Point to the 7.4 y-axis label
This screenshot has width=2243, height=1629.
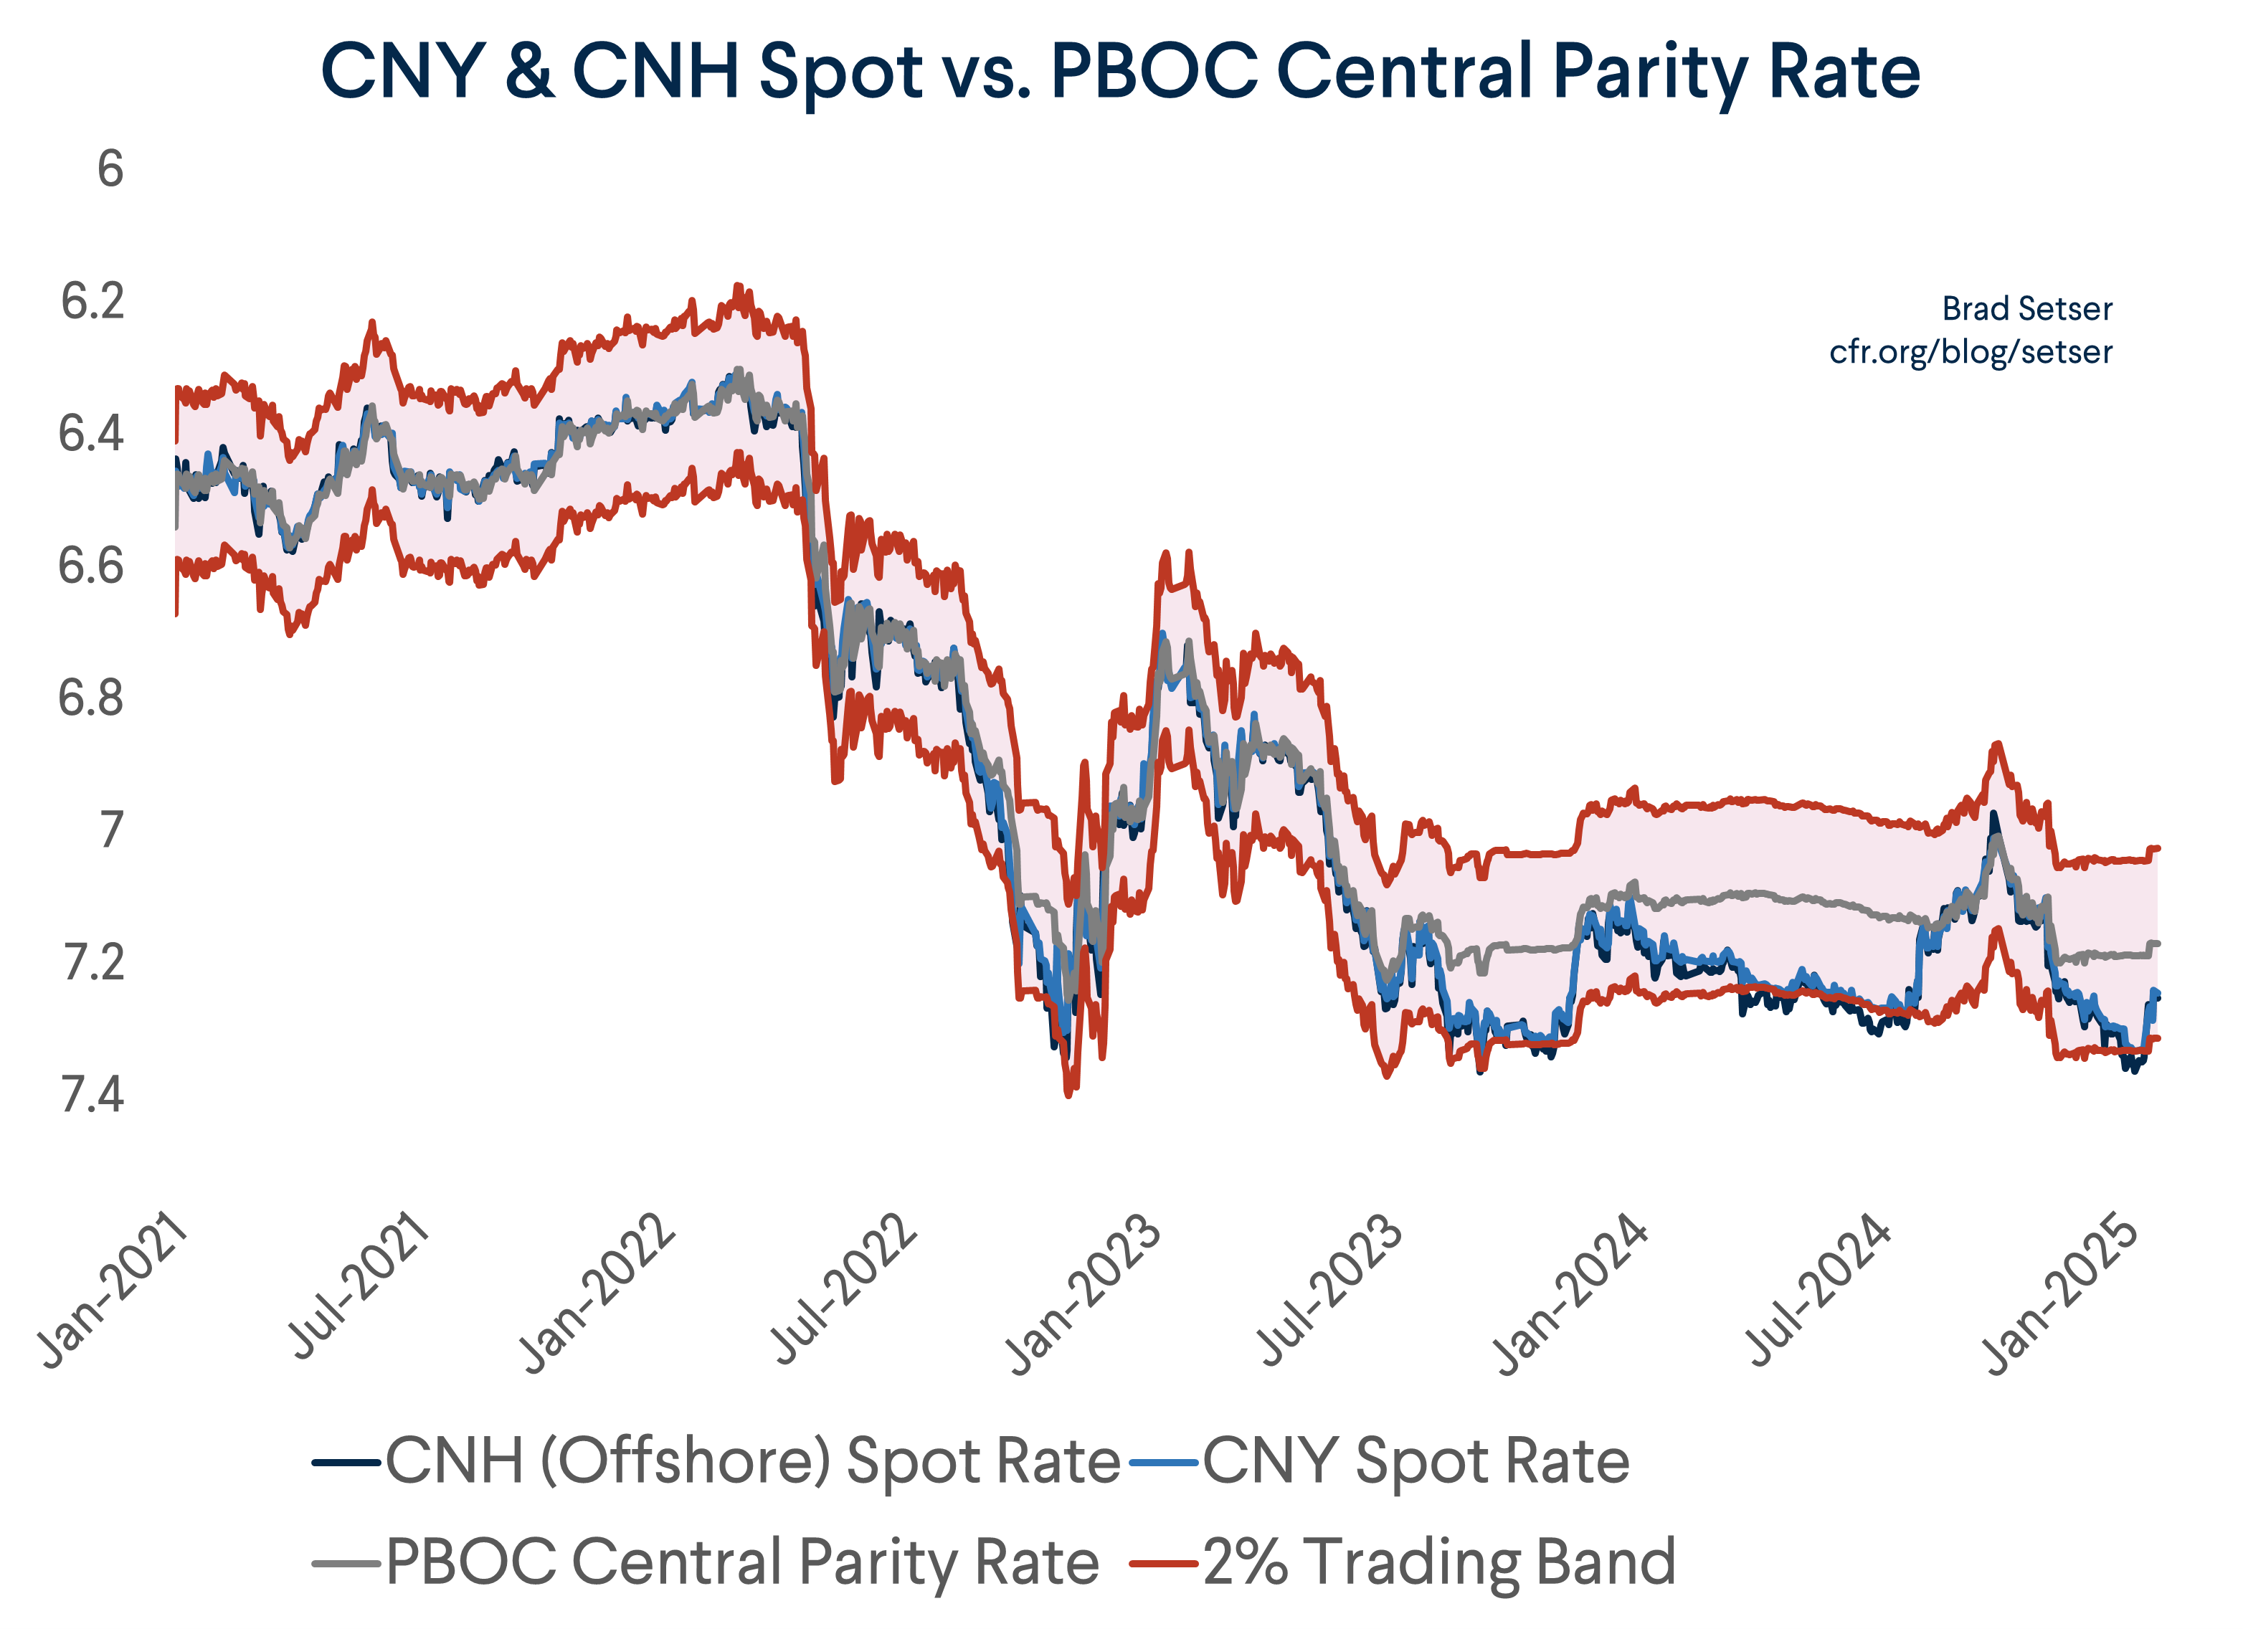click(93, 1095)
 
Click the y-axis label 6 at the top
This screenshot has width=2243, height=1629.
click(110, 169)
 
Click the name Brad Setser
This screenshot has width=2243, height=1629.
click(2026, 308)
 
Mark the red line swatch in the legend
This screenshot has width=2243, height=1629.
click(1165, 1563)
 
